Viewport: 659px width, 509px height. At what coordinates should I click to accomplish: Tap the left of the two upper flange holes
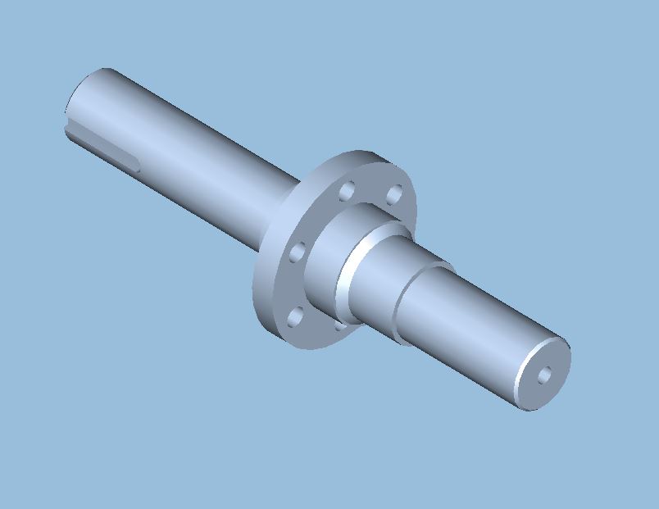pyautogui.click(x=347, y=191)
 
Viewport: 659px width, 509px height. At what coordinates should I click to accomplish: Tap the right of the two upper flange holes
pyautogui.click(x=394, y=195)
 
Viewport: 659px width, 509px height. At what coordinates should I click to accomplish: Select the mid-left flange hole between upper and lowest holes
pyautogui.click(x=298, y=251)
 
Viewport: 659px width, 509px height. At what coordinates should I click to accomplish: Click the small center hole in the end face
pyautogui.click(x=544, y=375)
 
